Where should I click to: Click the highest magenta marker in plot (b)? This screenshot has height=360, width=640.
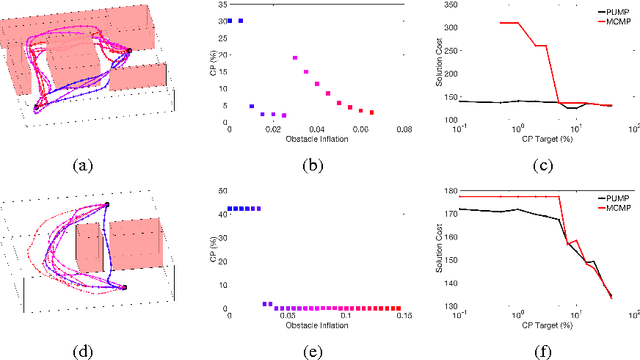(x=295, y=58)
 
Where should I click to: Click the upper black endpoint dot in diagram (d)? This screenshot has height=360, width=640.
(x=108, y=205)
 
